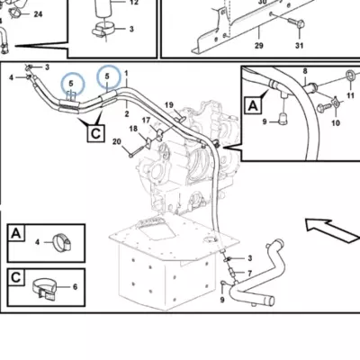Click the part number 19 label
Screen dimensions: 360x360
(169, 105)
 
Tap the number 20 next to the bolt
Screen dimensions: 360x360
(117, 141)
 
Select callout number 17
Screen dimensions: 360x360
(146, 121)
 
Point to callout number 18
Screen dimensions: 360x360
(133, 129)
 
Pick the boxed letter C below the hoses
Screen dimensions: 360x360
(95, 133)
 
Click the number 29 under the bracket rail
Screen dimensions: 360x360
(259, 46)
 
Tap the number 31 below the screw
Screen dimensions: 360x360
(299, 46)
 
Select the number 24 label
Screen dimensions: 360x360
(38, 14)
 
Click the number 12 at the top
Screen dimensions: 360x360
(134, 3)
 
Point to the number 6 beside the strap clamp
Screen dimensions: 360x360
(75, 287)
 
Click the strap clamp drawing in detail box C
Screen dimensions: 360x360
(44, 289)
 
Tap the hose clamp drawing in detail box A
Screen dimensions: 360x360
(62, 241)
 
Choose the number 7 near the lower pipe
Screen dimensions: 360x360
(249, 274)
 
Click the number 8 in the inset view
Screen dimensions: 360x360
(305, 71)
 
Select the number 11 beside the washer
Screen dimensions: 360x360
(350, 95)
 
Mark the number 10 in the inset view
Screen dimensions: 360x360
(336, 122)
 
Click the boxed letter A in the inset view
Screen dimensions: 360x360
(253, 105)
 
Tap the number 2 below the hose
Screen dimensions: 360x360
(127, 113)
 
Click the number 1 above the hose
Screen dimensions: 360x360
(126, 73)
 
